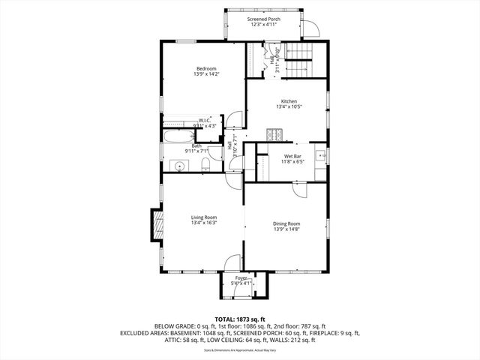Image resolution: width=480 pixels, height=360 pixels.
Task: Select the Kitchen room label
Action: [289, 101]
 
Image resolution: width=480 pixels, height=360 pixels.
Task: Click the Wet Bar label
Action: [292, 155]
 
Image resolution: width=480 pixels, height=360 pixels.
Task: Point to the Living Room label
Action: [203, 217]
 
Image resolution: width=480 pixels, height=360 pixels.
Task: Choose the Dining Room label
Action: [286, 223]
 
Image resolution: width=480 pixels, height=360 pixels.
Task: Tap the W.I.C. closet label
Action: [205, 120]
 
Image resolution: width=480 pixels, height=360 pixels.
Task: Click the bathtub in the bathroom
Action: [178, 137]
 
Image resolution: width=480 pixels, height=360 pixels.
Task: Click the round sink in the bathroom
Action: [181, 165]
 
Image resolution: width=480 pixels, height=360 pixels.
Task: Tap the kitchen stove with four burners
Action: [274, 135]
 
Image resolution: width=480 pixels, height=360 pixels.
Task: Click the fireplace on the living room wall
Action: [157, 225]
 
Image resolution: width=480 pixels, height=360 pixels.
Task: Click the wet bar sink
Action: [319, 156]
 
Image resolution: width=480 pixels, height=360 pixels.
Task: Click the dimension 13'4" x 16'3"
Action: [203, 223]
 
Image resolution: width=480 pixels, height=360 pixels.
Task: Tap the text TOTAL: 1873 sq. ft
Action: [240, 319]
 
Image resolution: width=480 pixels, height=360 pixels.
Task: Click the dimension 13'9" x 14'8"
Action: [286, 229]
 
